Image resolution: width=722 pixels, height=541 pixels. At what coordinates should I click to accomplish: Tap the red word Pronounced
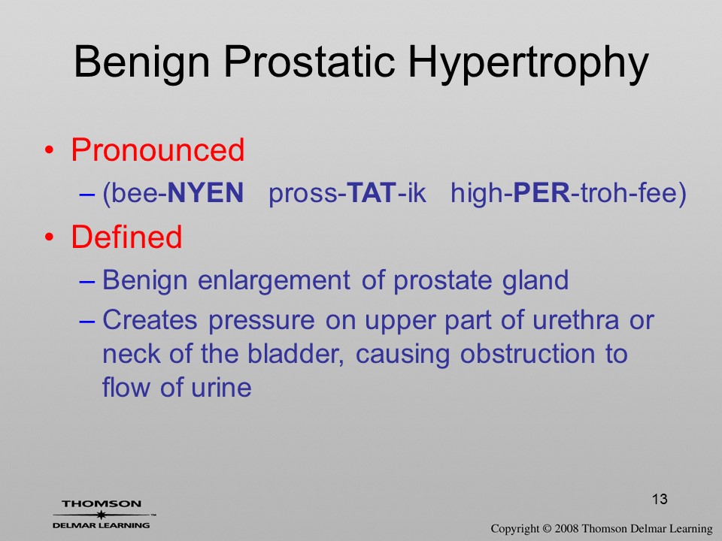point(157,150)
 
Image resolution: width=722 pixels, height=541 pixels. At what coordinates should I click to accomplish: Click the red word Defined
point(126,237)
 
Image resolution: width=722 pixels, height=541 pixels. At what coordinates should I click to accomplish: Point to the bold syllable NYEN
point(205,192)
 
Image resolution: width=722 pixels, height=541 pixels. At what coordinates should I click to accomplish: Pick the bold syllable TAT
point(371,192)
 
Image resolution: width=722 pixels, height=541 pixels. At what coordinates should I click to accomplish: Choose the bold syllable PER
point(541,192)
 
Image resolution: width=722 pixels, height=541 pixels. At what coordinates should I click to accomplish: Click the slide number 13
point(660,499)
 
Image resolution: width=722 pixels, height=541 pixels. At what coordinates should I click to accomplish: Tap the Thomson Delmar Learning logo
point(103,514)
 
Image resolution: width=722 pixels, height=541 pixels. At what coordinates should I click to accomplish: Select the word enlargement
point(274,280)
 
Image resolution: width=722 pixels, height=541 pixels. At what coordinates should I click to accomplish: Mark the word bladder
point(296,354)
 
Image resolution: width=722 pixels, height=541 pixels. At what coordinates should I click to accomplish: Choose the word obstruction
point(526,354)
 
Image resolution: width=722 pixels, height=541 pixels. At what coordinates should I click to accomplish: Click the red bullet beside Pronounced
point(50,150)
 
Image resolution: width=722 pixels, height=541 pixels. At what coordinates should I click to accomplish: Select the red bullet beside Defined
point(50,237)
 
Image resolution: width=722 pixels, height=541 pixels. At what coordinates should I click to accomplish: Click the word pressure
point(262,321)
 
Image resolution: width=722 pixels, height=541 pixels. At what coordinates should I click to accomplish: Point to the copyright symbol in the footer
point(547,529)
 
